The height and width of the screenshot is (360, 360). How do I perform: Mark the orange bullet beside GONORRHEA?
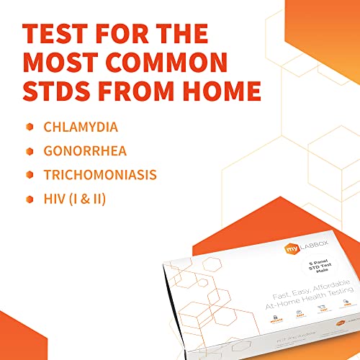point(30,151)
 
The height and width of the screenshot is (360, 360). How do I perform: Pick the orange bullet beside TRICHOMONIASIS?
point(30,175)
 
